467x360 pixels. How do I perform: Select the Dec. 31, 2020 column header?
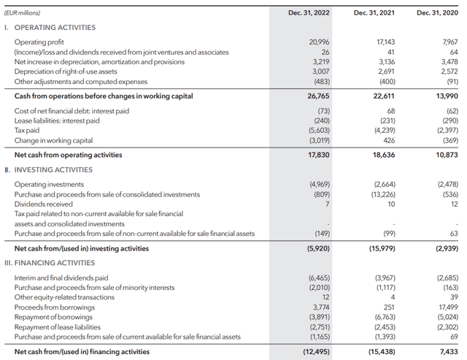coord(436,12)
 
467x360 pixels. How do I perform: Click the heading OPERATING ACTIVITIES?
coord(55,28)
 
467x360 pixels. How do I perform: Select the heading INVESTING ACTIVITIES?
coord(52,170)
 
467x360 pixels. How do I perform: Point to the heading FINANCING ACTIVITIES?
coord(55,263)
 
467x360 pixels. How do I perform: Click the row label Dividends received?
coord(44,204)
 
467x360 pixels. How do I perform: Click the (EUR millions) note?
coord(23,12)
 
